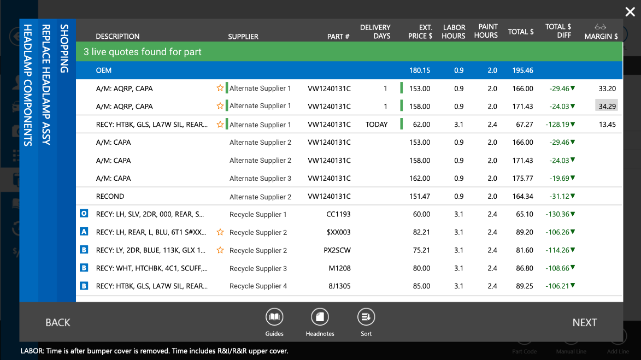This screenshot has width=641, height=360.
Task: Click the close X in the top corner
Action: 630,12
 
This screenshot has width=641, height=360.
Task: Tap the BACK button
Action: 57,322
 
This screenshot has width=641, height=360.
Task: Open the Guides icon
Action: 274,317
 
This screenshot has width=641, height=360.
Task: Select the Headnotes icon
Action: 320,317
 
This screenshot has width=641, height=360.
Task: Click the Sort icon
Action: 366,317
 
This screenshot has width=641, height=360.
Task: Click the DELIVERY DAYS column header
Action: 375,32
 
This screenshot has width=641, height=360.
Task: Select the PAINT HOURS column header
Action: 486,31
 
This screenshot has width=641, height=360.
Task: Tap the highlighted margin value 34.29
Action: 607,106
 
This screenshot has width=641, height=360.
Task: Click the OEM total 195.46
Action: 522,70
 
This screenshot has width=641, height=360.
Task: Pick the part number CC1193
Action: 338,214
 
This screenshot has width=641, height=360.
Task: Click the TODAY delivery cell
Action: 376,125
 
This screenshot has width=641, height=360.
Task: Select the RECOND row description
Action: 110,197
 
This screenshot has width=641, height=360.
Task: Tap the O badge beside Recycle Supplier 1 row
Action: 84,213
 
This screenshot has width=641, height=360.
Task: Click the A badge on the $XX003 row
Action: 84,232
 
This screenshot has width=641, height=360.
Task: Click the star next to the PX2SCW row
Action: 220,250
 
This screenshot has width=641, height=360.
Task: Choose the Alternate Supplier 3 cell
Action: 260,179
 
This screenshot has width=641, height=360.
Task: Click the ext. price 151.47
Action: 420,197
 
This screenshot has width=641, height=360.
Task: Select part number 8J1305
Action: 339,286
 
